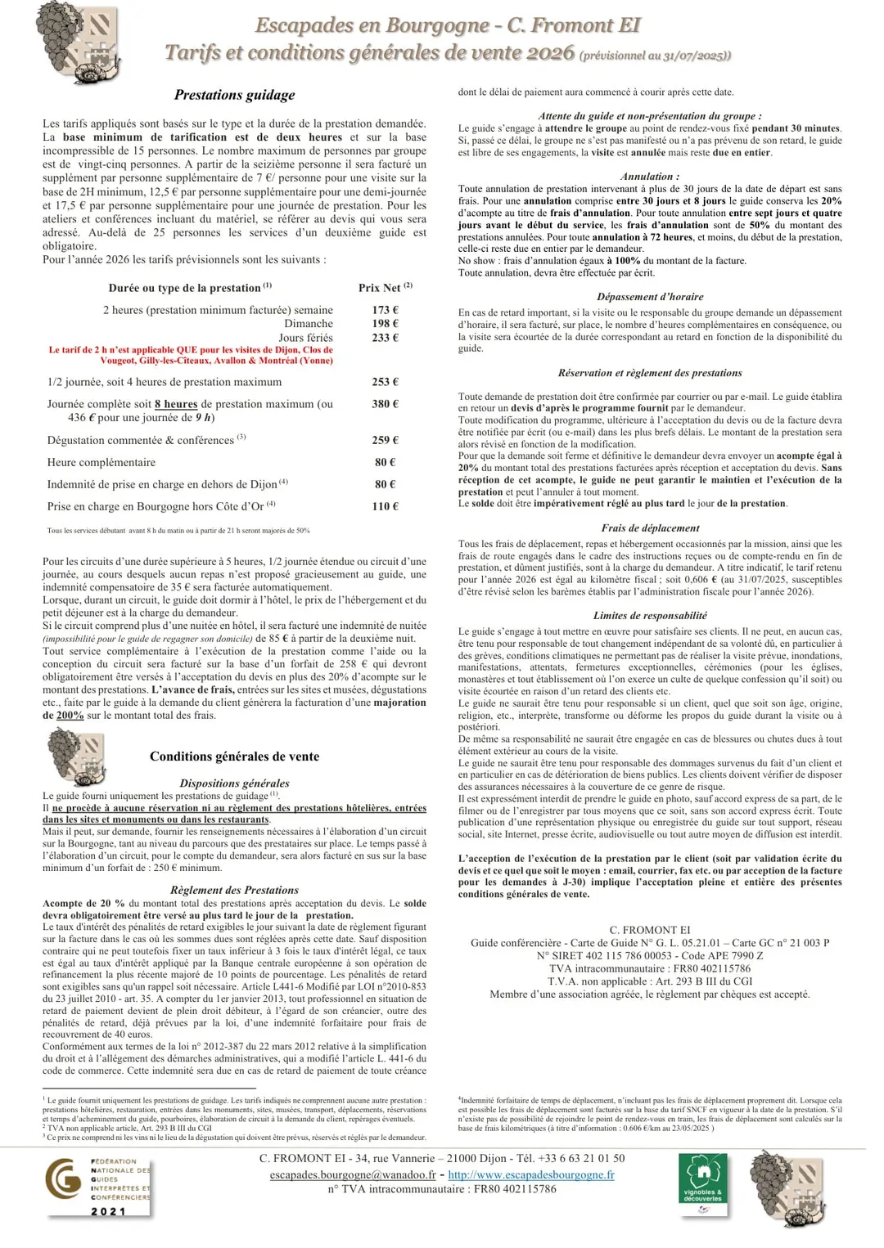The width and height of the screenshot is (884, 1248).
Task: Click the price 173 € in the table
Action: (x=385, y=310)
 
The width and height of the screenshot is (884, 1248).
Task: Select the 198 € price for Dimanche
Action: (x=385, y=324)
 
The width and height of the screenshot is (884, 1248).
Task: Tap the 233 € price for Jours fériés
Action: (x=385, y=338)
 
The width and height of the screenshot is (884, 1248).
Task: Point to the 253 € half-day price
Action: (x=385, y=382)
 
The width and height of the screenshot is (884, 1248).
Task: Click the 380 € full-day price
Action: (x=385, y=404)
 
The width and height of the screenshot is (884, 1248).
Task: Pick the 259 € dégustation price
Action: (x=385, y=440)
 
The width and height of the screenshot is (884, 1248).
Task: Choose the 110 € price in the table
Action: (x=385, y=506)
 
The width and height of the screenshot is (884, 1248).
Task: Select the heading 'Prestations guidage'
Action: (x=234, y=95)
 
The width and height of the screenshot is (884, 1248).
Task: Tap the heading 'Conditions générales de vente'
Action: (x=234, y=756)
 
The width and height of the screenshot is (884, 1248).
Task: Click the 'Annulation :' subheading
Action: (x=650, y=177)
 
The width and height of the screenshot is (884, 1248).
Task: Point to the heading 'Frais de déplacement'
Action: (x=650, y=528)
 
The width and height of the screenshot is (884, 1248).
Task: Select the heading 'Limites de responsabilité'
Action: (x=650, y=616)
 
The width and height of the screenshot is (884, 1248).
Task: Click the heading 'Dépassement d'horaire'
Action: (x=650, y=297)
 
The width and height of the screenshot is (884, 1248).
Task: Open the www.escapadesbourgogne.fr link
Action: (x=531, y=1174)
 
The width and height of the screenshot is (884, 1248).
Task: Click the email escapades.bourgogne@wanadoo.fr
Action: (x=353, y=1174)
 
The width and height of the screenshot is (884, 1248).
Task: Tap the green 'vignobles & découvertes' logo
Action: (x=702, y=1183)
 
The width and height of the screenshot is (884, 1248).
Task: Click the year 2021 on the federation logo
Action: (x=108, y=1211)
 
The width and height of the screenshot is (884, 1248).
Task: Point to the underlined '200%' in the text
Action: (x=70, y=716)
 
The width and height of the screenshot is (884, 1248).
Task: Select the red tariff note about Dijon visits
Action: (x=191, y=355)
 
